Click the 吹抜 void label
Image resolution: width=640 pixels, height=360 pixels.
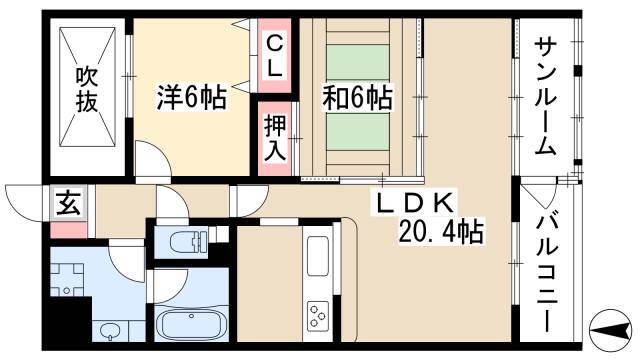coord(87,90)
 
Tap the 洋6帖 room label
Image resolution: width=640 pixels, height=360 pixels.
coord(191,98)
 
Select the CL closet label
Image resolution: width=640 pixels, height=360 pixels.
coord(274,56)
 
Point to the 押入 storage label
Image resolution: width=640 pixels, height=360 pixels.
coord(275,138)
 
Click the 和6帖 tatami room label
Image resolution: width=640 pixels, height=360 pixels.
coord(358,98)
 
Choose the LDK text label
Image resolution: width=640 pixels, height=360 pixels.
coord(415,203)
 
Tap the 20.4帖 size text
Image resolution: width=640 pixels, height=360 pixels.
coord(441,231)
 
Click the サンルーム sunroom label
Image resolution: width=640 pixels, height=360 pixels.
coord(545,97)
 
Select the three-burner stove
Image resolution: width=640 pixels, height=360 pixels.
coord(318,315)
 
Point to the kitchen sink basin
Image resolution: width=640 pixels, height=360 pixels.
coord(318,256)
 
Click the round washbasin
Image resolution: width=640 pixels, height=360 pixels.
coord(109,331)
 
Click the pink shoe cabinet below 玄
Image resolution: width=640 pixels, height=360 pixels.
coord(69,230)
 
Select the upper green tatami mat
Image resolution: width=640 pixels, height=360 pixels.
coord(358,62)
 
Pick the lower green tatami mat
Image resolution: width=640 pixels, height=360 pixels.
coord(358,132)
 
